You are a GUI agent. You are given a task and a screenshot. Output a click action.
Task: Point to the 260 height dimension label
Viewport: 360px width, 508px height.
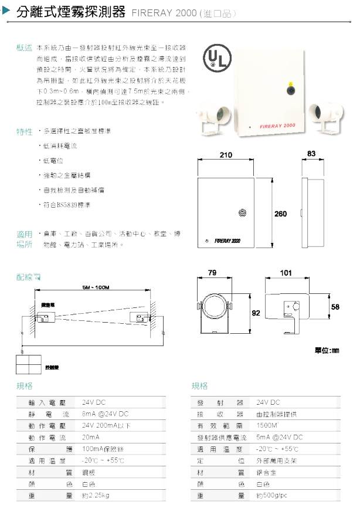pyautogui.click(x=280, y=214)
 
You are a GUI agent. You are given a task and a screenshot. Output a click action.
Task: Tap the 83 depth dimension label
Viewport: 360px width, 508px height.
pyautogui.click(x=311, y=154)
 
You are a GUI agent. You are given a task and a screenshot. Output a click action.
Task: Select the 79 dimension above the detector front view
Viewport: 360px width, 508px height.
pyautogui.click(x=212, y=273)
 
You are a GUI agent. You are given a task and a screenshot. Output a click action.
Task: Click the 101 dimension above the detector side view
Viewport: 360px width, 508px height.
pyautogui.click(x=286, y=273)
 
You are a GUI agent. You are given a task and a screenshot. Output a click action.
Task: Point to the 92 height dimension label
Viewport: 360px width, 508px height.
pyautogui.click(x=256, y=313)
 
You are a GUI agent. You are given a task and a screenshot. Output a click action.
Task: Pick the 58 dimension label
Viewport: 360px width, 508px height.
pyautogui.click(x=335, y=307)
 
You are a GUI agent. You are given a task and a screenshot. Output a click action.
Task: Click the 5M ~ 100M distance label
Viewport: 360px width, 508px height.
pyautogui.click(x=96, y=287)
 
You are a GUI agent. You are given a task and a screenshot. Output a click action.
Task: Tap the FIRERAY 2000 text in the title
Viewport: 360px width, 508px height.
pyautogui.click(x=164, y=13)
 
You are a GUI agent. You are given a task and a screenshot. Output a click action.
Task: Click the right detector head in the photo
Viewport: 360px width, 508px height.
pyautogui.click(x=321, y=110)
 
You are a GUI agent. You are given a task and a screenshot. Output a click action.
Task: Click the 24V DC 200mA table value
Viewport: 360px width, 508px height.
pyautogui.click(x=107, y=425)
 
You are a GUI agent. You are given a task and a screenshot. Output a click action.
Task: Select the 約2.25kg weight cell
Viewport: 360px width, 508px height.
pyautogui.click(x=97, y=496)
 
